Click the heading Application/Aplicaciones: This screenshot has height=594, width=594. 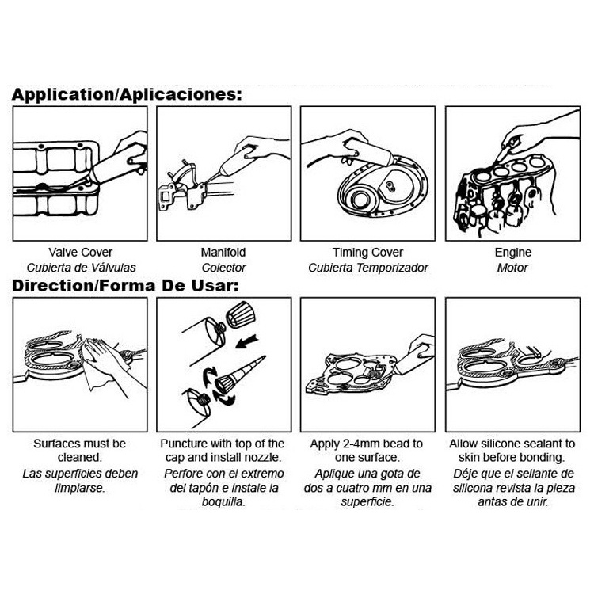coord(127,94)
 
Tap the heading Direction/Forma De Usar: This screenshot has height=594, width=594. coord(125,286)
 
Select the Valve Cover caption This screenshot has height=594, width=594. coord(80,253)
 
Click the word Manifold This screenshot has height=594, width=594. coord(223,253)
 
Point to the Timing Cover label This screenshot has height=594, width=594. coord(367,253)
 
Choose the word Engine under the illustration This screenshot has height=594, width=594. coord(513,253)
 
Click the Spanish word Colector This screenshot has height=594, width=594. coord(223,268)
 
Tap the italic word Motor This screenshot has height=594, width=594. coord(512,268)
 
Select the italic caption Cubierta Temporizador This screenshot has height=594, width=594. coord(367,268)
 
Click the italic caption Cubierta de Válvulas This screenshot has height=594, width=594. coord(81,268)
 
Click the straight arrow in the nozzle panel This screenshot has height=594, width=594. coord(246,341)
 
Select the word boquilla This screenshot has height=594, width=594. coord(223,502)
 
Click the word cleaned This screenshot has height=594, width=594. coord(80,458)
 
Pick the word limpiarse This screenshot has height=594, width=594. coord(80,489)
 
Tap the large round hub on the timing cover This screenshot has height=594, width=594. coord(360,200)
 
